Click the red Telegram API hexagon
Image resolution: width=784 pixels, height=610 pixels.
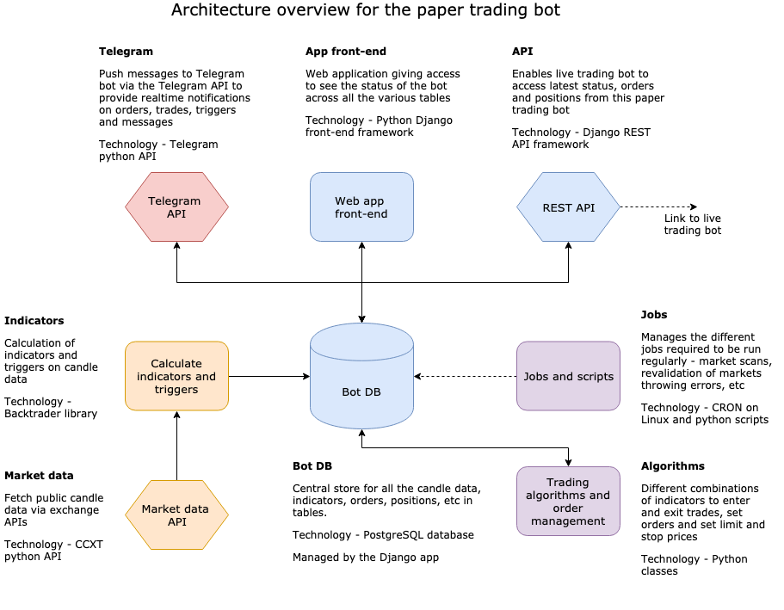(176, 206)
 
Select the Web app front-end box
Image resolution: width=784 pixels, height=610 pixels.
(361, 206)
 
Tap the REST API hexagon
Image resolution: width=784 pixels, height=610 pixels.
(568, 206)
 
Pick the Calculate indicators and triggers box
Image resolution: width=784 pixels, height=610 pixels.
(176, 376)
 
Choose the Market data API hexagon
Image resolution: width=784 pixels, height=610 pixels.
(176, 514)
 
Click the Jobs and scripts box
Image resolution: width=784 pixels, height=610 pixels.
(568, 376)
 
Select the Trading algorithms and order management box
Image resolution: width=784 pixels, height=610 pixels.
(568, 501)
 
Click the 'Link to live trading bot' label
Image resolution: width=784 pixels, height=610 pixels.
(692, 225)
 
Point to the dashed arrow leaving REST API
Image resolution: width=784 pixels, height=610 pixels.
(658, 206)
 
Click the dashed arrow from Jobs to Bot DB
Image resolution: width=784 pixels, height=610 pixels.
(465, 376)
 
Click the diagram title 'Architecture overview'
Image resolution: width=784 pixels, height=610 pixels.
(366, 10)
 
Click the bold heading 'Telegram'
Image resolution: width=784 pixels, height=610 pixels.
(126, 52)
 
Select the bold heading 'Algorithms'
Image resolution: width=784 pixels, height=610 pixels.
(672, 466)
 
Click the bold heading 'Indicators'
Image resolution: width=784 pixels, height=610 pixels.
(34, 321)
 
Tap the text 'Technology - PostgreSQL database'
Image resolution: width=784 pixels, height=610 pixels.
(383, 535)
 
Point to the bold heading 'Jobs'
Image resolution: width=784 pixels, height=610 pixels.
(654, 315)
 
